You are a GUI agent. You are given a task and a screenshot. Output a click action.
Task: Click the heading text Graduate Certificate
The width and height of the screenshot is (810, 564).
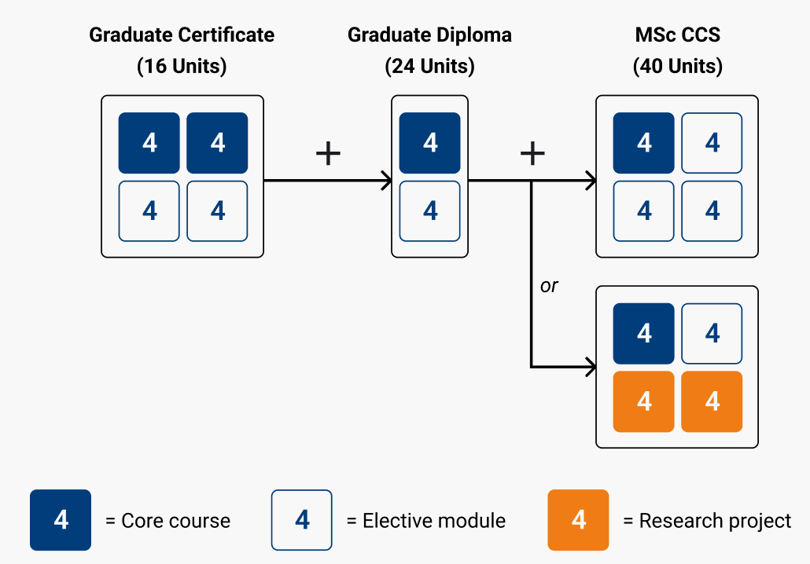point(182,35)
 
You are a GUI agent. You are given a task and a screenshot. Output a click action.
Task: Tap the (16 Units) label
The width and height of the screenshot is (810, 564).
point(182,66)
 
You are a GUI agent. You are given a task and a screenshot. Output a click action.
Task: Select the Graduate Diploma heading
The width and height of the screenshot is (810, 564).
point(429,35)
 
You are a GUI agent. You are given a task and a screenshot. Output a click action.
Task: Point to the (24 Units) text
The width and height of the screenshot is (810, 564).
point(429,66)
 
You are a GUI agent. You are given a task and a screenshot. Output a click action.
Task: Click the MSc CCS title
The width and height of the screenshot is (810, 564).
point(677,35)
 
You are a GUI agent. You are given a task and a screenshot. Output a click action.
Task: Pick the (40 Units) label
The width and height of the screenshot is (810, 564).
point(677,66)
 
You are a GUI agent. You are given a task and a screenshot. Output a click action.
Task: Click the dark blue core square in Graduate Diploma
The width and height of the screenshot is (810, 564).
point(430,143)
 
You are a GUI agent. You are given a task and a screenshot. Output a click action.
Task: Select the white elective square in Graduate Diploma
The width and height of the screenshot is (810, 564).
point(430,211)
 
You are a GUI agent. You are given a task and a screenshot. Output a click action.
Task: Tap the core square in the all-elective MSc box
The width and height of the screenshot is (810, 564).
point(644,143)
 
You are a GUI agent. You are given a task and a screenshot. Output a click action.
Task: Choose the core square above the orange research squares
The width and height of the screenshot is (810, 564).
point(644,334)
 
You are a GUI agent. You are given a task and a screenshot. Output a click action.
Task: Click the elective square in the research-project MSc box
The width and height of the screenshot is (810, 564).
point(712,334)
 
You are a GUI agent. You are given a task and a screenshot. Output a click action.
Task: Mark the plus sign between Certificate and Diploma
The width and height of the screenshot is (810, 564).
point(328,153)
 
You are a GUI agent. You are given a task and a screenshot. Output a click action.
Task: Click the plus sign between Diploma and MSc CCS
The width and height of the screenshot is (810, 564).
point(532,153)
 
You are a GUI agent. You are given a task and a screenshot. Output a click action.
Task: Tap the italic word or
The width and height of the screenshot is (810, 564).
point(549,286)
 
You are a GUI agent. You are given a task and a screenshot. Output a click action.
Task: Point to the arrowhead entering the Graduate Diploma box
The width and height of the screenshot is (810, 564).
point(386,181)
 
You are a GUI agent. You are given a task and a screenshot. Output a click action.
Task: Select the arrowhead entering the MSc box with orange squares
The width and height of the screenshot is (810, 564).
point(590,367)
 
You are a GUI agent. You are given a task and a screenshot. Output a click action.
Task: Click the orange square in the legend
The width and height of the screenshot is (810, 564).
point(578,520)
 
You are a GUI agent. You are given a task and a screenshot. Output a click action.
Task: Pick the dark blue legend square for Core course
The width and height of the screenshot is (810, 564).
point(61,520)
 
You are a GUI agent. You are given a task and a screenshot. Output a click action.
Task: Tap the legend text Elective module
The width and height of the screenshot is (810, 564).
point(433,521)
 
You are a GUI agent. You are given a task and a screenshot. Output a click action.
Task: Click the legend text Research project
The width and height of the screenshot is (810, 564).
point(715,521)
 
